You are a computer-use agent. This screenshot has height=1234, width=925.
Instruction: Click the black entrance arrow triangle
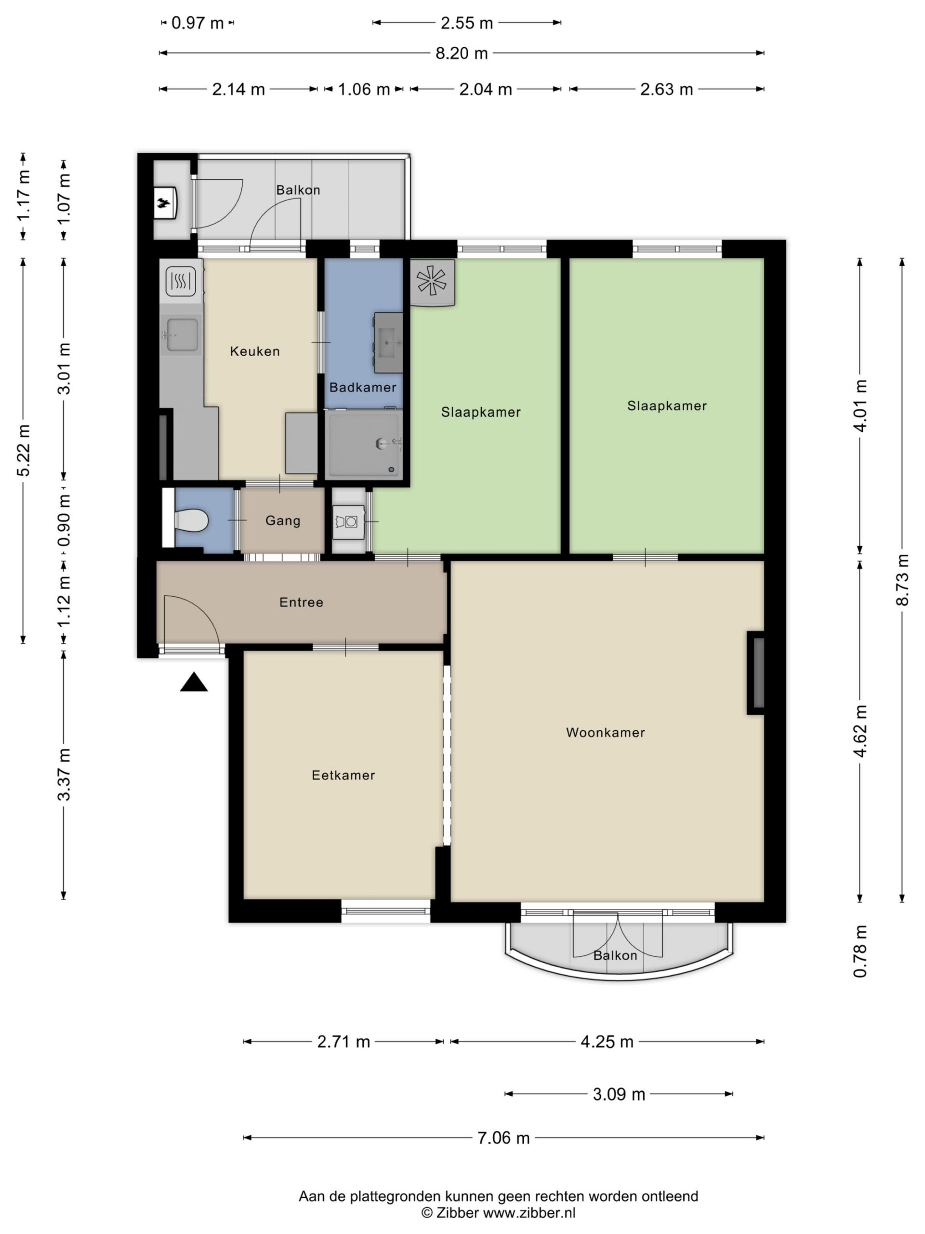coord(194,682)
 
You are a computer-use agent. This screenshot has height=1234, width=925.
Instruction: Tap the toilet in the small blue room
coord(191,521)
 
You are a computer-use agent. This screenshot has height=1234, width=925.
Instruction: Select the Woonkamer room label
coord(606,733)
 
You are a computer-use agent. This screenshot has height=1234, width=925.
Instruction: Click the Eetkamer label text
coord(344,775)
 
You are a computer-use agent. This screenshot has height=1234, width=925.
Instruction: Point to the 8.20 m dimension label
coord(462,54)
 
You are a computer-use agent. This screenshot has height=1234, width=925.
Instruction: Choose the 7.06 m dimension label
coord(503,1138)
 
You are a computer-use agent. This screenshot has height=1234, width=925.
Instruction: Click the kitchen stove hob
coord(181,281)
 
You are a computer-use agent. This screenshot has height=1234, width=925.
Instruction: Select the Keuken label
coord(255,351)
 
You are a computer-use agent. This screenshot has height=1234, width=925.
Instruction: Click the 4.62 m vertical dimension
coord(860,731)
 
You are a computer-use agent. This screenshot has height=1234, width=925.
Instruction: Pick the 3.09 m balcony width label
coord(619,1094)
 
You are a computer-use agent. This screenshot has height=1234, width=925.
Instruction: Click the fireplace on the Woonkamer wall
coord(755,673)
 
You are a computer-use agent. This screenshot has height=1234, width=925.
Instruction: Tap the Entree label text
coord(301,602)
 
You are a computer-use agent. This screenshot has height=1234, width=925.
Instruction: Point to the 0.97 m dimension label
coord(198,23)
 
